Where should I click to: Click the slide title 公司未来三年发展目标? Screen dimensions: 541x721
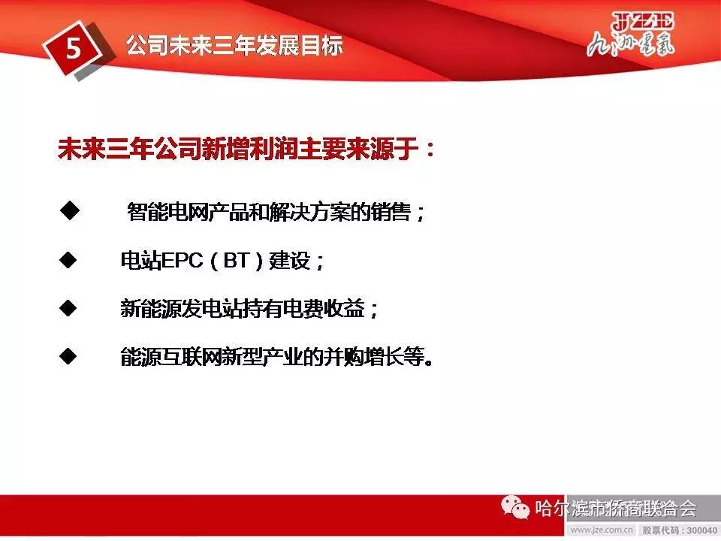pos(234,46)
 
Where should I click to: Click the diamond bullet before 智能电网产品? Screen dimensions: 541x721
pos(68,212)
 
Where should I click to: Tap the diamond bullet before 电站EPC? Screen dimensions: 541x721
pos(68,261)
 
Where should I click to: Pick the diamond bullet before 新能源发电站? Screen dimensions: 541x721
pos(68,308)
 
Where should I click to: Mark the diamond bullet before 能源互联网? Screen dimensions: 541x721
pos(68,355)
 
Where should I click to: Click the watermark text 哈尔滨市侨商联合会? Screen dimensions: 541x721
pos(616,509)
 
